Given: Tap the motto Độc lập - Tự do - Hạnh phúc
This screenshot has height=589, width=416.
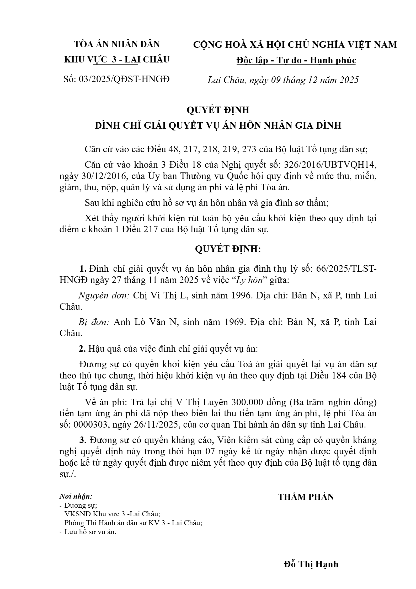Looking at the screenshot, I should pos(296,60).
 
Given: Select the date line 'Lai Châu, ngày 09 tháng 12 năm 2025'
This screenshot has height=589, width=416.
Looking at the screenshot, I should pos(283,80).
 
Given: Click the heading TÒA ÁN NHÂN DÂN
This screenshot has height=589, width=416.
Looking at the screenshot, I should pos(117,44).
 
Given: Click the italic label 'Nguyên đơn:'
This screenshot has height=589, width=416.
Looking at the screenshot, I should pos(104,296).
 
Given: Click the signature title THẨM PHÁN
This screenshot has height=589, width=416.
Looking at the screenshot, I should pos(306,497).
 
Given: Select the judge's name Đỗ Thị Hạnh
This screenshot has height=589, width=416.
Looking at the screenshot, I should pos(311,564).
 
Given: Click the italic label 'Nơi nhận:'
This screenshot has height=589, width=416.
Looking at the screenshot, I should pos(76,496).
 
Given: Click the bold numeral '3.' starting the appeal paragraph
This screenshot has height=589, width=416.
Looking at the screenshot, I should pos(83,440).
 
